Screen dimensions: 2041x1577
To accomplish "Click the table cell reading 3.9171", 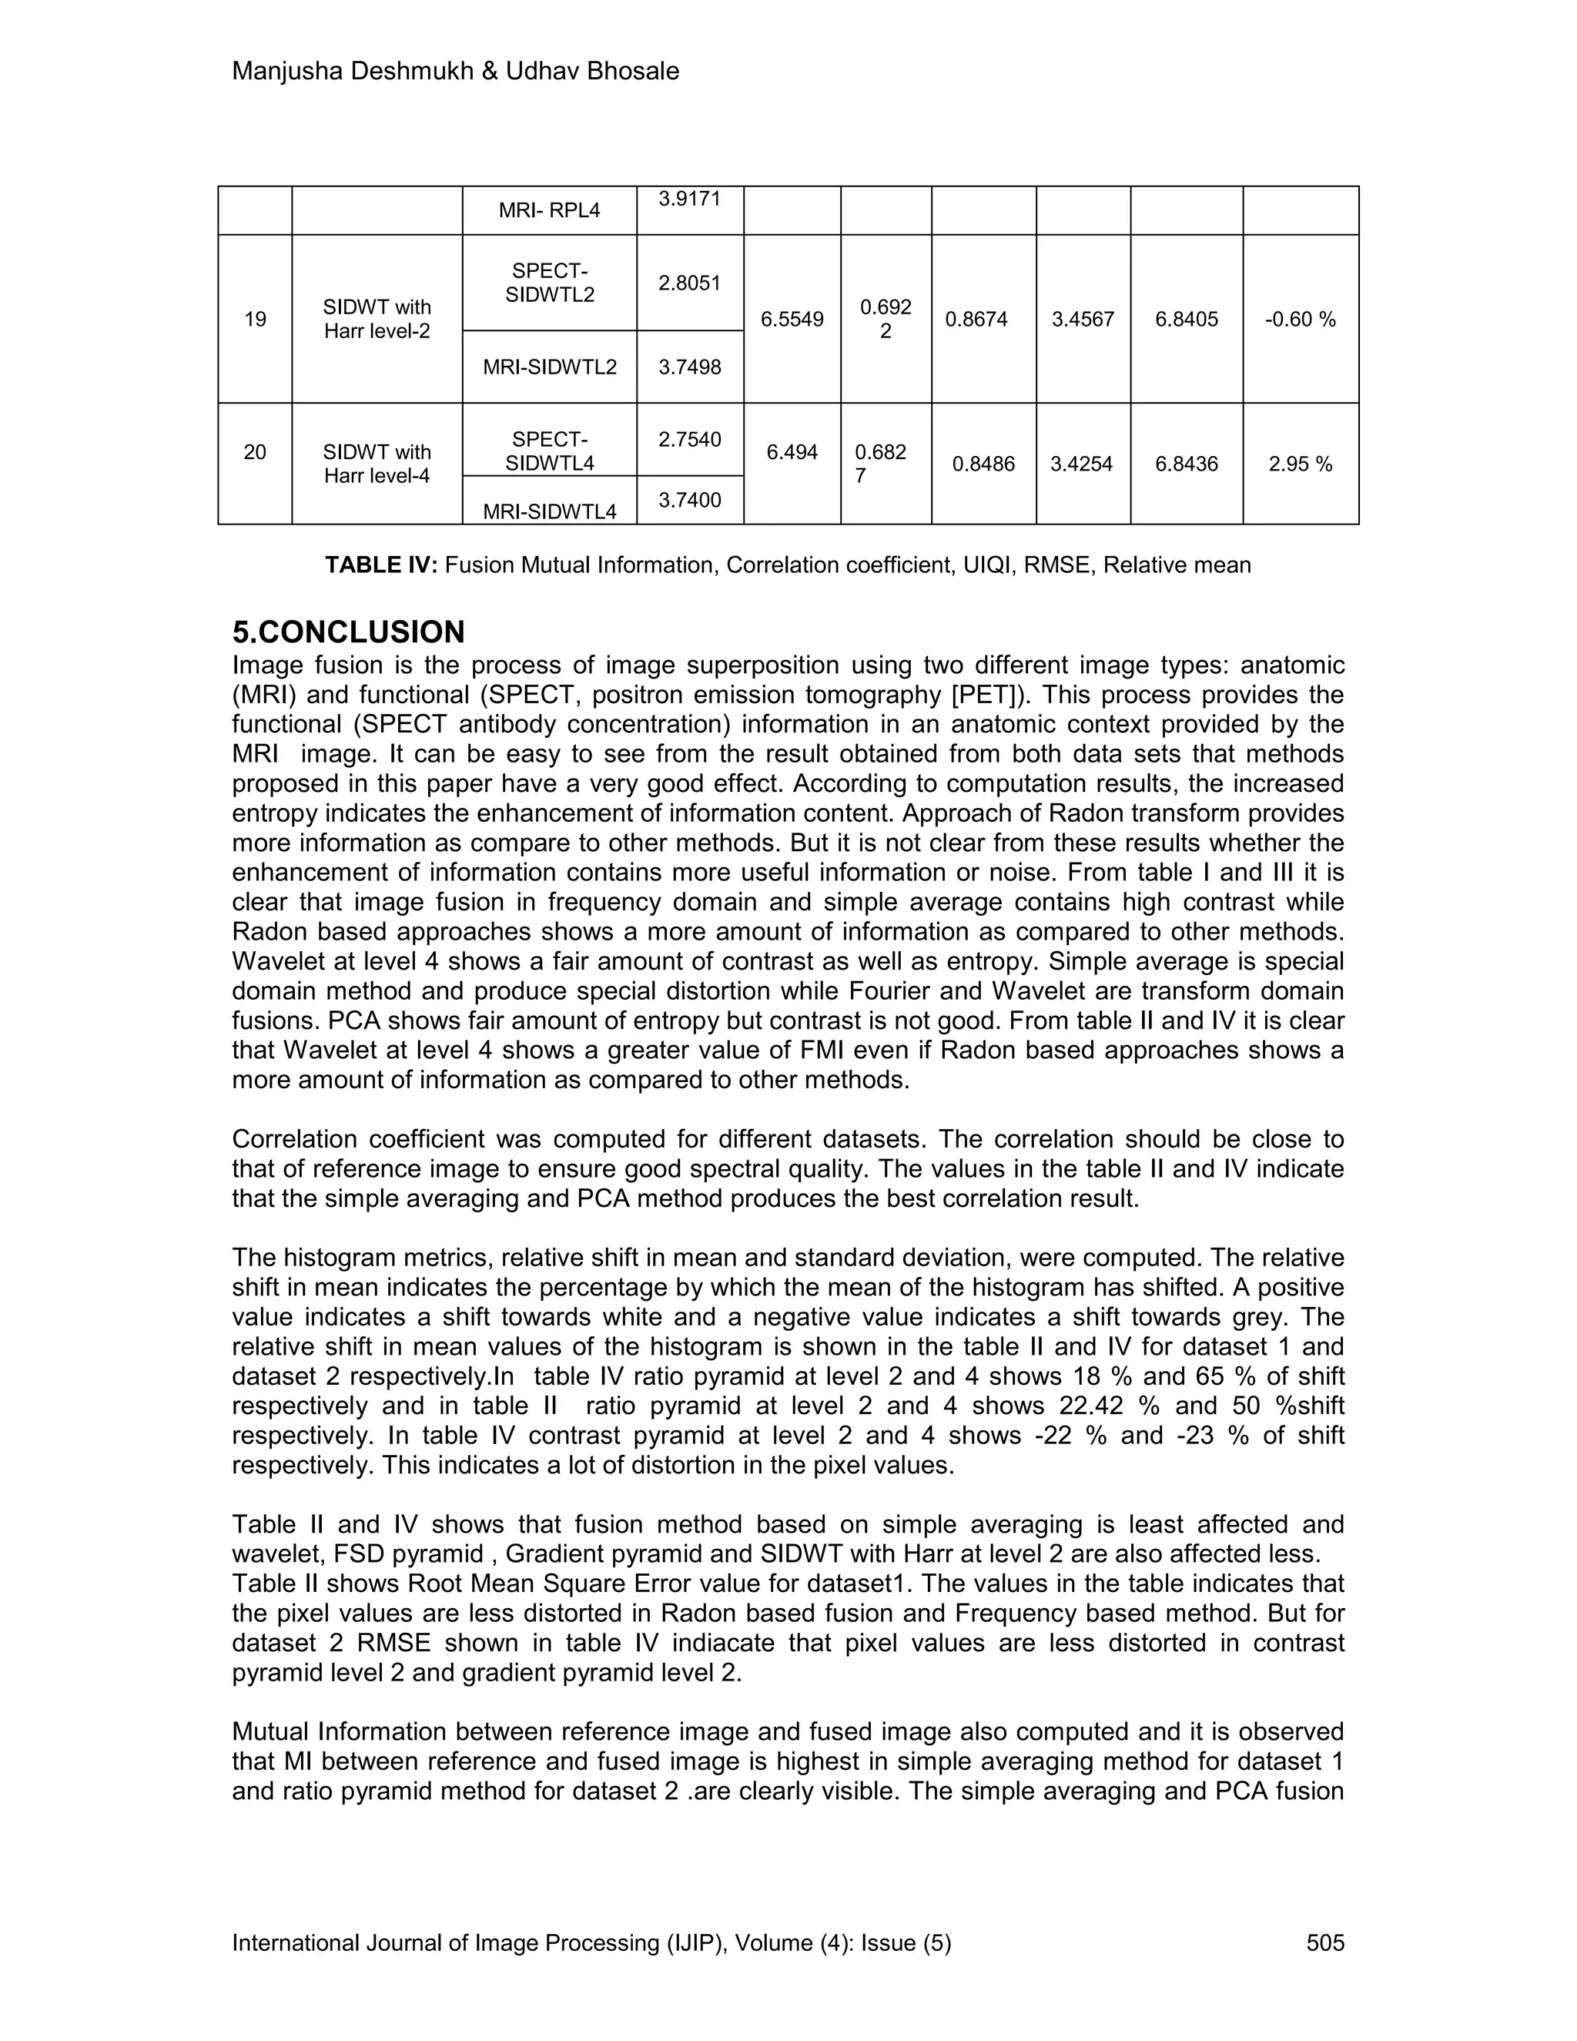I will tap(689, 198).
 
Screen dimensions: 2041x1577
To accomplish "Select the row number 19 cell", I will tap(255, 320).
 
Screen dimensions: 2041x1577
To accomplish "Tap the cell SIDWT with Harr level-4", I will tap(377, 464).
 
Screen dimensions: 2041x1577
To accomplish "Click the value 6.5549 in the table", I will tap(792, 320).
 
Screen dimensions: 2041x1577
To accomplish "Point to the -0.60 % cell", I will tap(1301, 320).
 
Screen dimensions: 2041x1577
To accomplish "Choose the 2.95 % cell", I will tap(1301, 464).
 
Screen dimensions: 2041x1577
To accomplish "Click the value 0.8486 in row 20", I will tap(983, 464).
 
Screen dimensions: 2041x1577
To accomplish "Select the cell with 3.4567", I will tap(1083, 320).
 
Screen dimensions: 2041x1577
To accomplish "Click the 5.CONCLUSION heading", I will tap(349, 632).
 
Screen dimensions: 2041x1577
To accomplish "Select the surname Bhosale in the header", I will tap(632, 71).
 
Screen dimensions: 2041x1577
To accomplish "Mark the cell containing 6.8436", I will tap(1187, 464).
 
